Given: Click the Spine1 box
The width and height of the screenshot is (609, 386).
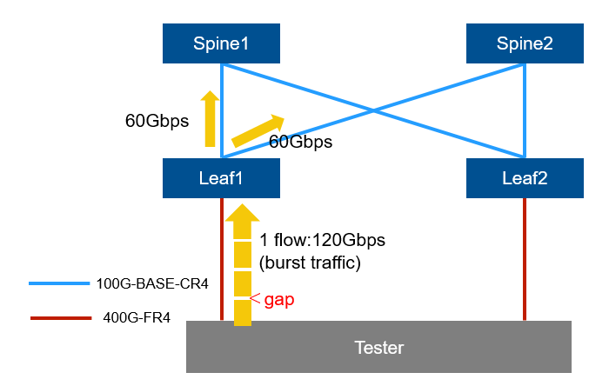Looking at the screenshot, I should [221, 43].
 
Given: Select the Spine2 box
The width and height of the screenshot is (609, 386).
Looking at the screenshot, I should [524, 43].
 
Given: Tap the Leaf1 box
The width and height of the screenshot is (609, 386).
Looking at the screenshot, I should [221, 179].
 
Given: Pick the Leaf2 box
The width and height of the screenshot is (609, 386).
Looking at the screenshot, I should [524, 179].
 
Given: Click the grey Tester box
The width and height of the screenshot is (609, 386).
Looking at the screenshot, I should [379, 347].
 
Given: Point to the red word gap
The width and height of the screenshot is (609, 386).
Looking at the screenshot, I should [279, 300].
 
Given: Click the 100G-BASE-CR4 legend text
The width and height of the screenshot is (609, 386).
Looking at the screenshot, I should [152, 283].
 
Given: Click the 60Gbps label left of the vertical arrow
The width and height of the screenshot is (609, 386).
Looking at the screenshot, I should [157, 122].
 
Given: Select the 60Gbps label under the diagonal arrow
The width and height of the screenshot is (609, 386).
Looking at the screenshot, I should [300, 140].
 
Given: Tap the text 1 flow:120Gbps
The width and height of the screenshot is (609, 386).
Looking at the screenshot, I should [322, 239].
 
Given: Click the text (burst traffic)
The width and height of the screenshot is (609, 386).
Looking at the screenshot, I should [310, 260].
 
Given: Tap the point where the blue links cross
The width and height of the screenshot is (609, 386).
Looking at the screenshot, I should [373, 110].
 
